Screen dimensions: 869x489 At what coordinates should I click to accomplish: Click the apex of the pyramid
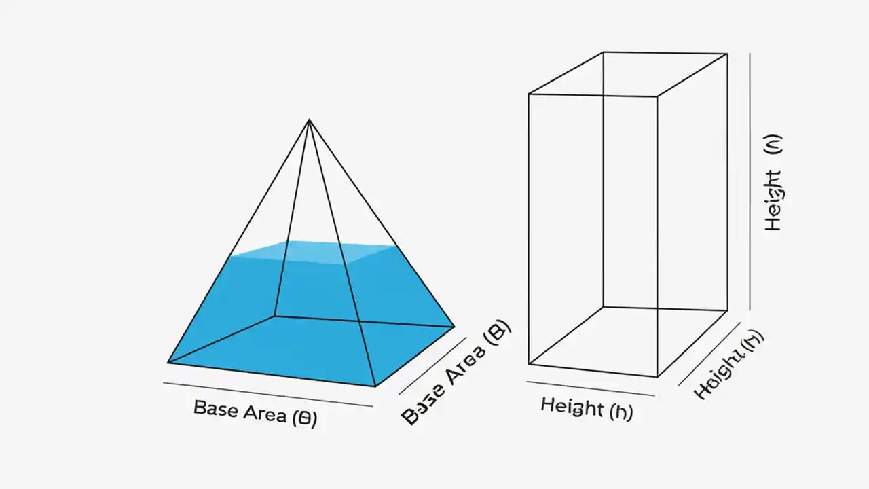[309, 120]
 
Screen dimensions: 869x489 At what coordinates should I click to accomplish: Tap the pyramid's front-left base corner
[168, 362]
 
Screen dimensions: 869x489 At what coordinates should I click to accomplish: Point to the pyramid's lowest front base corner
[375, 386]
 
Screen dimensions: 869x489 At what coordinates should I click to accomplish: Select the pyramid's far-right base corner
[454, 327]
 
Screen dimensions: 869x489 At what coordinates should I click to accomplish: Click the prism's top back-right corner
[728, 54]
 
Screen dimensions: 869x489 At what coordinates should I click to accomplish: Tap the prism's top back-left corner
[604, 52]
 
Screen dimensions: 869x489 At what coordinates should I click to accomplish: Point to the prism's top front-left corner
[529, 94]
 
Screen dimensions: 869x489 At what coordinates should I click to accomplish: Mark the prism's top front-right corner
[657, 96]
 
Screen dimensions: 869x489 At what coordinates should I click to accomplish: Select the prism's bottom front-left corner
[529, 364]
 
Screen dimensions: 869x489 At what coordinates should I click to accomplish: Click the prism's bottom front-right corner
[657, 376]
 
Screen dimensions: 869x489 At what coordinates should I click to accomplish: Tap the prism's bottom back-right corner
[728, 311]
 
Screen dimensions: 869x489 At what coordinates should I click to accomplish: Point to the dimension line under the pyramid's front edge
[268, 395]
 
